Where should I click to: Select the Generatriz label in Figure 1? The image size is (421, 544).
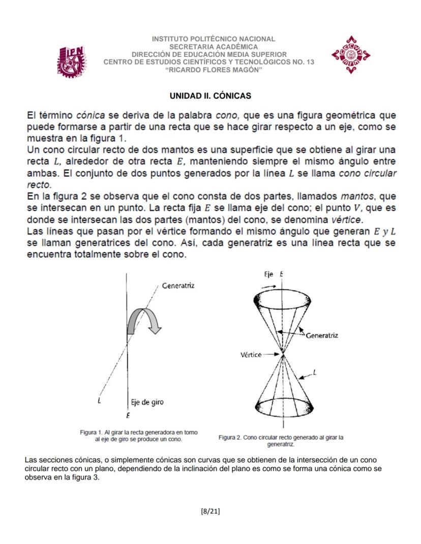[177, 285]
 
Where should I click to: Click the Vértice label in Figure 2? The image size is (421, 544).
[251, 354]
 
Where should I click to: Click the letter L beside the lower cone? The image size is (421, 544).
[315, 373]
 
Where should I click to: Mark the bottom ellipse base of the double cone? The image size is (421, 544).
[281, 407]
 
